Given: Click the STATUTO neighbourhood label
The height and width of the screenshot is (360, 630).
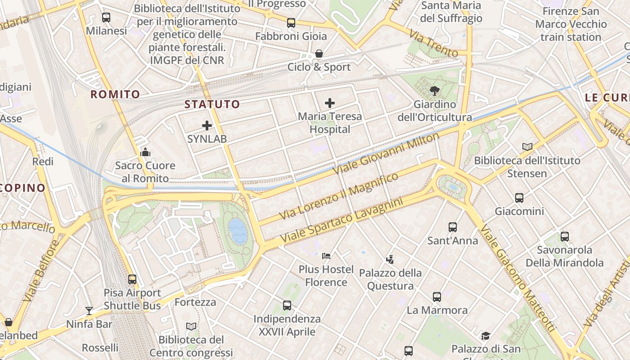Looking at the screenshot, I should [x=212, y=104].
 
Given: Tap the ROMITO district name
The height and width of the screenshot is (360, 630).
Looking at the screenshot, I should [x=115, y=94].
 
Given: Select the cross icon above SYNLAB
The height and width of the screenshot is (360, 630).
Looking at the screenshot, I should [x=207, y=126].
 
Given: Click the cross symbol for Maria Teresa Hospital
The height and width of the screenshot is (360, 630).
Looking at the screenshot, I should [x=330, y=103].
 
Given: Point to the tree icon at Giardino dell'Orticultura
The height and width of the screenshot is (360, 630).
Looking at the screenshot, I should [x=434, y=91].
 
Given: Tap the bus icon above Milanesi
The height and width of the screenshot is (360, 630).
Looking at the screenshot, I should [x=106, y=18].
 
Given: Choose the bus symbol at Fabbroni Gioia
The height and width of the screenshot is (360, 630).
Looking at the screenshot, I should [x=291, y=22].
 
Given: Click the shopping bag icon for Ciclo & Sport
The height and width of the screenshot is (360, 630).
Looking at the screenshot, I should [x=319, y=54].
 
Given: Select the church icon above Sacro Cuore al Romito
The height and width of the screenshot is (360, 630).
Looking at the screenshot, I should [x=145, y=152].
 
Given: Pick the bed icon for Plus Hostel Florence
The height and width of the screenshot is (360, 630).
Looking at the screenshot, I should [x=326, y=256].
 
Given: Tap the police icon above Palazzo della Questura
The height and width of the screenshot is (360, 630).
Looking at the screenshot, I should [x=390, y=259].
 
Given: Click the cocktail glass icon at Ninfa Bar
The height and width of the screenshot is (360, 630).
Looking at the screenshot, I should [x=89, y=310].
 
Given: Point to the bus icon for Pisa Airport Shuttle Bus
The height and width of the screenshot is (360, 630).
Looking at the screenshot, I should [x=132, y=279].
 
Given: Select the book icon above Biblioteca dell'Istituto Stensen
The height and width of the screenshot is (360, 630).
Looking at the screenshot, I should [x=527, y=147].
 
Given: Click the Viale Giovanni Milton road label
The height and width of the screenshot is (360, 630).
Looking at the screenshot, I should [x=386, y=153].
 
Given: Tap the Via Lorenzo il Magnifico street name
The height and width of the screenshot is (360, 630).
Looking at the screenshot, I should [x=339, y=196].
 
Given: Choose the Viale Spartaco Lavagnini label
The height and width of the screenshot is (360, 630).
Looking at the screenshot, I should [x=342, y=220].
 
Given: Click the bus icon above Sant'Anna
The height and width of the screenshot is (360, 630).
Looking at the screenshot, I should [x=453, y=227].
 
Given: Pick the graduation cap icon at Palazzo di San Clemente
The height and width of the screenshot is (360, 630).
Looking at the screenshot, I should [x=486, y=336].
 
